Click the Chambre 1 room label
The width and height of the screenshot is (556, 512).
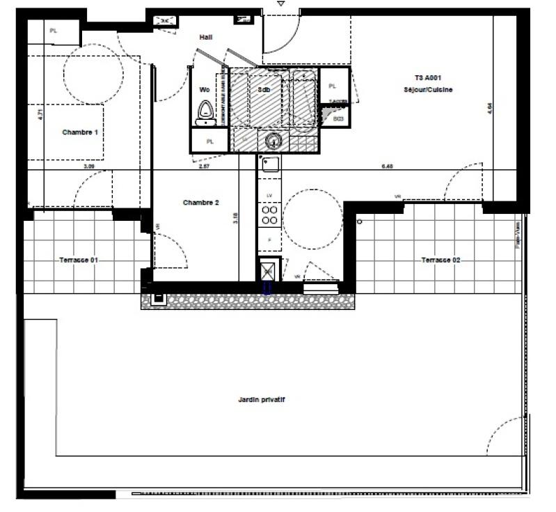click(x=80, y=132)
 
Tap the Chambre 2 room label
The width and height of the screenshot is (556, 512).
click(x=200, y=203)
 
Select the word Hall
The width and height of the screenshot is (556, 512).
click(x=205, y=37)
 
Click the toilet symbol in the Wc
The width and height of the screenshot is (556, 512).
click(x=205, y=111)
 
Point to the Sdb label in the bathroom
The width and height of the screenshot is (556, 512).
click(x=264, y=91)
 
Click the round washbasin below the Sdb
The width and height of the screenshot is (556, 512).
click(x=272, y=141)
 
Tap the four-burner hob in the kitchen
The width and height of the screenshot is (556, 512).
click(x=269, y=215)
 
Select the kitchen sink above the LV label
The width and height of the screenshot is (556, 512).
click(x=269, y=165)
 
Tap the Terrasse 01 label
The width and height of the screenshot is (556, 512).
click(x=78, y=259)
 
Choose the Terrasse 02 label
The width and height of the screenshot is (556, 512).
click(x=440, y=260)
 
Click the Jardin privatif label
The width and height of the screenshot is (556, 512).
click(x=262, y=400)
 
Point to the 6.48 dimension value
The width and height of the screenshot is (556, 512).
click(x=388, y=166)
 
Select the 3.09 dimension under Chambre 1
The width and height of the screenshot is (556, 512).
click(x=89, y=166)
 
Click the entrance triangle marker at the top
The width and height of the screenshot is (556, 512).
click(x=280, y=4)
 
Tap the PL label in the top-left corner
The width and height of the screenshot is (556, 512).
click(x=54, y=30)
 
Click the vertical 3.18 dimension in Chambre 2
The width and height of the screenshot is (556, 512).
click(x=236, y=217)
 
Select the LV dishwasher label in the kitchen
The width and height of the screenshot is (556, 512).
click(x=269, y=196)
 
